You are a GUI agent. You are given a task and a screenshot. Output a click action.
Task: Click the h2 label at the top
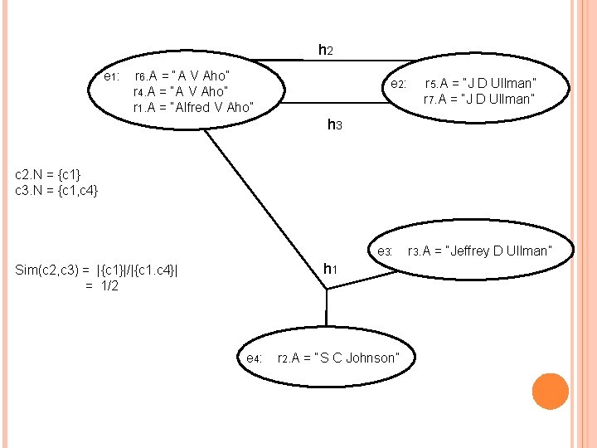click(x=326, y=51)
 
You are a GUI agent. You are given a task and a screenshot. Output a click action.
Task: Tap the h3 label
click(x=334, y=125)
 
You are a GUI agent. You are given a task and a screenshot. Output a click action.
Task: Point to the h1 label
click(x=329, y=268)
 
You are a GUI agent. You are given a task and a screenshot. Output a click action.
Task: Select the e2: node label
click(x=398, y=85)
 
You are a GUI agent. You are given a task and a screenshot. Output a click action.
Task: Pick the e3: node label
click(x=384, y=251)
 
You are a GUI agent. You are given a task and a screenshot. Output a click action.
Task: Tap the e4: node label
click(x=253, y=358)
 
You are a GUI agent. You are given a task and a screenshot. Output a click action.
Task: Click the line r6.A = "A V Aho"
click(x=182, y=76)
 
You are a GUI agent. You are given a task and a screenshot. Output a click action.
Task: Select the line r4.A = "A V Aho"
click(x=180, y=91)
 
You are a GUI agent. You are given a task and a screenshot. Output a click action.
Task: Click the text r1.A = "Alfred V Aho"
click(x=192, y=107)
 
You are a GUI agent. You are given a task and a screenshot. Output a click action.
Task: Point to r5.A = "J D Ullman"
click(x=480, y=83)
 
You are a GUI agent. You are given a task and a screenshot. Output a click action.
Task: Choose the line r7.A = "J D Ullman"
click(x=478, y=100)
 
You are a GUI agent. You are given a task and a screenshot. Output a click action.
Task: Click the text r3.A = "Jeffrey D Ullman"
click(x=478, y=251)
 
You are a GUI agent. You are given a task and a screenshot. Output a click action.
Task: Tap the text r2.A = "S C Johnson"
click(x=337, y=358)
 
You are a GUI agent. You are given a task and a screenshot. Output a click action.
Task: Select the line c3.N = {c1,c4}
click(x=57, y=191)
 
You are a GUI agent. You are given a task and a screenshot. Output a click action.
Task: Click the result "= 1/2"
click(x=101, y=286)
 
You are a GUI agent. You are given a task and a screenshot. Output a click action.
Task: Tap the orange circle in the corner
click(x=550, y=392)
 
